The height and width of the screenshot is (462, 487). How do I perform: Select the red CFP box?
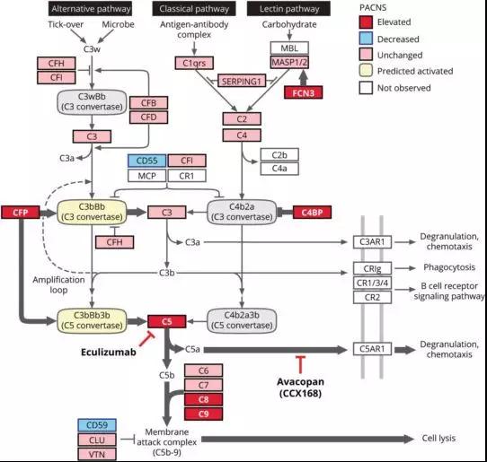20,213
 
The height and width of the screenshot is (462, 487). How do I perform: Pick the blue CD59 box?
94,424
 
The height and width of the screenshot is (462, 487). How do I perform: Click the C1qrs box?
193,63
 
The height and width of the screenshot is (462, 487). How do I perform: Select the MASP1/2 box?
291,63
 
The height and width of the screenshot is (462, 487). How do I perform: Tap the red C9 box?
202,414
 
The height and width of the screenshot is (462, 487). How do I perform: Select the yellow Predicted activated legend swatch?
370,71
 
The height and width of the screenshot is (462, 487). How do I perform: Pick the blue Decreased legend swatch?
370,39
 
